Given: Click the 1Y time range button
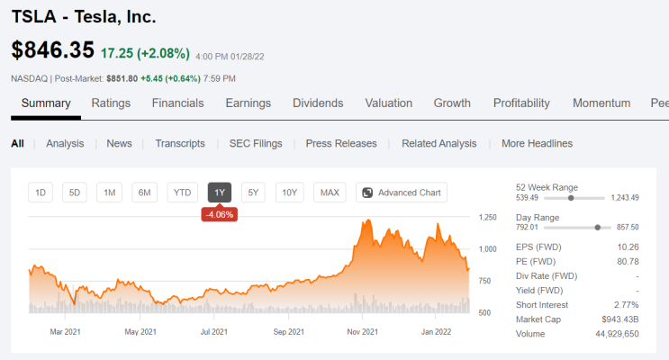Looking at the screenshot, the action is click(x=220, y=193).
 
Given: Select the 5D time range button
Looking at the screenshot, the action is click(x=74, y=193).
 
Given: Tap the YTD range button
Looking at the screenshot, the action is click(x=182, y=193).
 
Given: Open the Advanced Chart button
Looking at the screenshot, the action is click(x=402, y=193).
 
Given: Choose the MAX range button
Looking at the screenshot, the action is click(x=330, y=193).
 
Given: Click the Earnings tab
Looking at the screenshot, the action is click(x=249, y=103).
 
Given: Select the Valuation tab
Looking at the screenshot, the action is click(x=389, y=103).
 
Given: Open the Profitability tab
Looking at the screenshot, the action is click(x=521, y=103).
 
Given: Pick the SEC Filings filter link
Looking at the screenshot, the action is click(x=256, y=143).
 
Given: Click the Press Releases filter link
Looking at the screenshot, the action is click(x=341, y=143).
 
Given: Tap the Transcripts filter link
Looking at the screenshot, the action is click(x=180, y=143).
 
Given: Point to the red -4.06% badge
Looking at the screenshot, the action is click(x=220, y=214).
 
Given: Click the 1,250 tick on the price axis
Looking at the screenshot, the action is click(x=488, y=217).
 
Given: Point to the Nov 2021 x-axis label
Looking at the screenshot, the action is click(x=363, y=332).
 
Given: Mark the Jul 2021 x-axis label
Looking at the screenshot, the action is click(x=213, y=332).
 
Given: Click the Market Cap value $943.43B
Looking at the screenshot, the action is click(x=620, y=319).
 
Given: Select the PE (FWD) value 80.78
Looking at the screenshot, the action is click(x=628, y=262).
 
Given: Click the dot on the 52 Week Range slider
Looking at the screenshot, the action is click(x=571, y=198).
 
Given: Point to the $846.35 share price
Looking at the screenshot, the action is click(x=52, y=49).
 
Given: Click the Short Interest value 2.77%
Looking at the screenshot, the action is click(x=627, y=305).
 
